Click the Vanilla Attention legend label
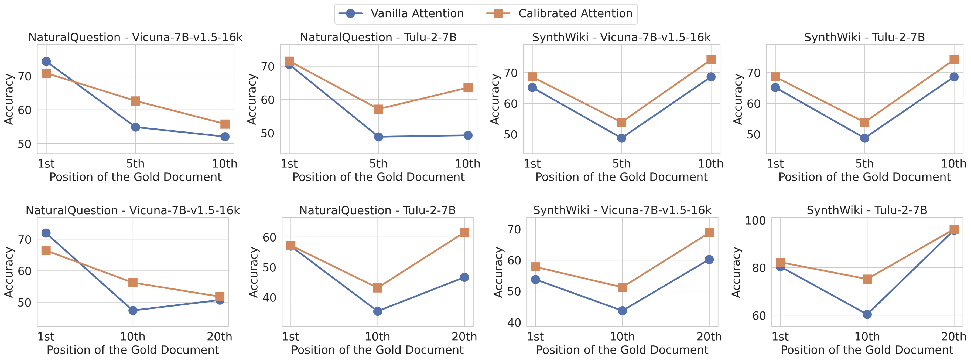(417, 13)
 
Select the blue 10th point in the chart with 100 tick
(867, 314)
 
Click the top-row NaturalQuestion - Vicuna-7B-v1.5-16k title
(135, 37)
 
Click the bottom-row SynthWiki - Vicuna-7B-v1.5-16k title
(622, 210)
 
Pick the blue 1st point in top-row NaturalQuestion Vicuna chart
(46, 62)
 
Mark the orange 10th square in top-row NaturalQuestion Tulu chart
(468, 88)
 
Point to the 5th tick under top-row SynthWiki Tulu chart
(864, 164)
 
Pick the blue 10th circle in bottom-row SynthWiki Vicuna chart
(622, 311)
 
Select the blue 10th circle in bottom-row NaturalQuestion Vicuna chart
(133, 311)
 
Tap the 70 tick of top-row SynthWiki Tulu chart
(754, 73)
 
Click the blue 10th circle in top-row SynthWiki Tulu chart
(954, 77)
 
